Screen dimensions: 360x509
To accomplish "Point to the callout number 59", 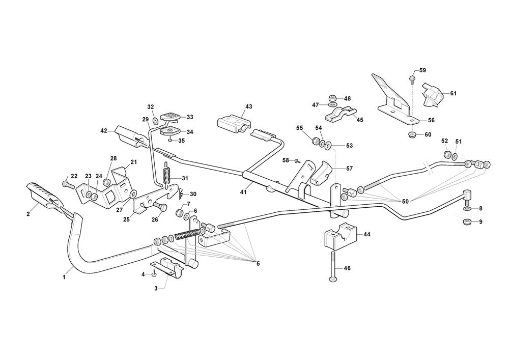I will pos(422,70).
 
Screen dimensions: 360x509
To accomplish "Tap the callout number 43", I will pos(248,106).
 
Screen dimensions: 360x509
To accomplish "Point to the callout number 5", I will pos(258,263).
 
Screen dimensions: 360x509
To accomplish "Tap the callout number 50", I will pos(405,202).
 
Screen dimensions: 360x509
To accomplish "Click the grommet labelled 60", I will pos(412,135).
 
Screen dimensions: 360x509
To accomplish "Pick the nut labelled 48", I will pos(332,97).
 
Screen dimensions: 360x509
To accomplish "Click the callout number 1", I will pos(64,278).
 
